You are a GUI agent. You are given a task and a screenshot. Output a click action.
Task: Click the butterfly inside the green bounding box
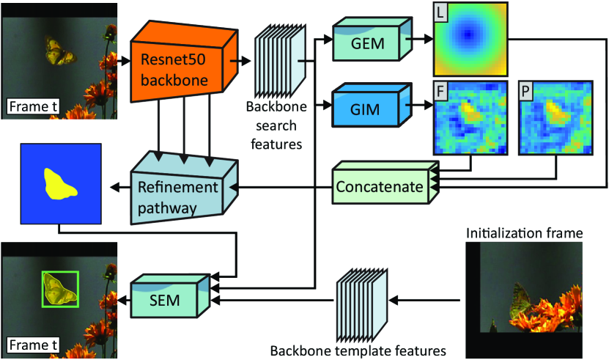tap(59, 289)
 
